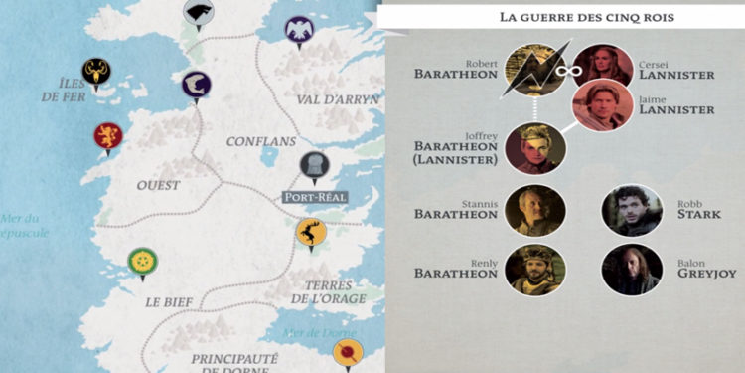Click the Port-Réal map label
click(x=314, y=197)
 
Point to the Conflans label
click(x=261, y=141)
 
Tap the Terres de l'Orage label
click(x=328, y=289)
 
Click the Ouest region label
click(x=159, y=185)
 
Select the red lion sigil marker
click(x=106, y=134)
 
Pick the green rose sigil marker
click(x=142, y=262)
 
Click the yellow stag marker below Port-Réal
click(x=311, y=232)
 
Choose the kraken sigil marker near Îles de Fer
click(x=96, y=72)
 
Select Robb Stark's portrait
click(x=632, y=209)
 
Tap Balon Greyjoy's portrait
click(x=632, y=269)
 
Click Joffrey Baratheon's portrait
click(x=535, y=146)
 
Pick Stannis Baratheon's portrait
click(x=535, y=209)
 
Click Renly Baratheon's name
click(x=455, y=269)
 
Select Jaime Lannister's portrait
click(x=602, y=105)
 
